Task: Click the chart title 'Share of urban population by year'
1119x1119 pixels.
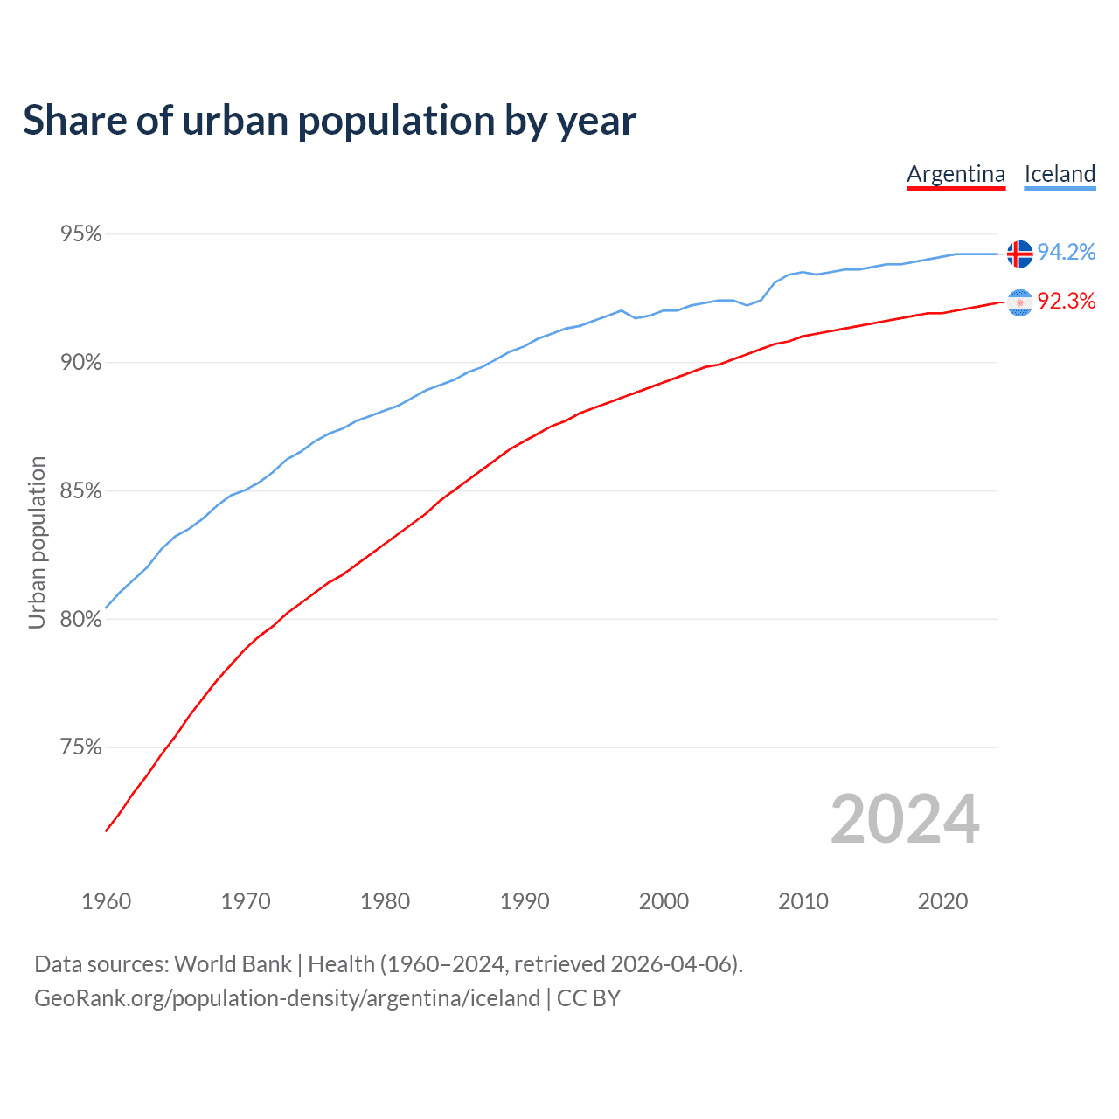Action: (330, 121)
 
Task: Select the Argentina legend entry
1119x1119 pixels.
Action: (956, 174)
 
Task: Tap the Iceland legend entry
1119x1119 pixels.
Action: (1060, 174)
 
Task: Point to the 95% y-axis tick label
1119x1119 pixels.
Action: (80, 234)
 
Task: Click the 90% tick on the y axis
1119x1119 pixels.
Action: (80, 363)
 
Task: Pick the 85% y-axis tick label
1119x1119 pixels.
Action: (80, 491)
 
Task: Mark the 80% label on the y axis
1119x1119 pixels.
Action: (80, 620)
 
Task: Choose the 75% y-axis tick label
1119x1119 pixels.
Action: (80, 747)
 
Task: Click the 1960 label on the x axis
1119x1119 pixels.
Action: (106, 901)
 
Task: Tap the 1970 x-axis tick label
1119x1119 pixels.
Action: (246, 901)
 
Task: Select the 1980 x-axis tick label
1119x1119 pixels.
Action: (385, 901)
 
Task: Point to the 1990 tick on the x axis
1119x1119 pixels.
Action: (525, 901)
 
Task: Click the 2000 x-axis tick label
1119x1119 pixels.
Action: (664, 901)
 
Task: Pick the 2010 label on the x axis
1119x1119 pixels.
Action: (803, 901)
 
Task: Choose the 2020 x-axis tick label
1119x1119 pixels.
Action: (942, 901)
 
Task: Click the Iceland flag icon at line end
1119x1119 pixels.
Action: (1019, 254)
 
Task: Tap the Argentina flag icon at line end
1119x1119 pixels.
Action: (1019, 302)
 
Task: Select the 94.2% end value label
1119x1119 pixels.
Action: (1067, 253)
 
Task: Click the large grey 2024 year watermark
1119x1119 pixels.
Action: (905, 819)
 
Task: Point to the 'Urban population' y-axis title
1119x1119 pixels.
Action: (37, 542)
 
